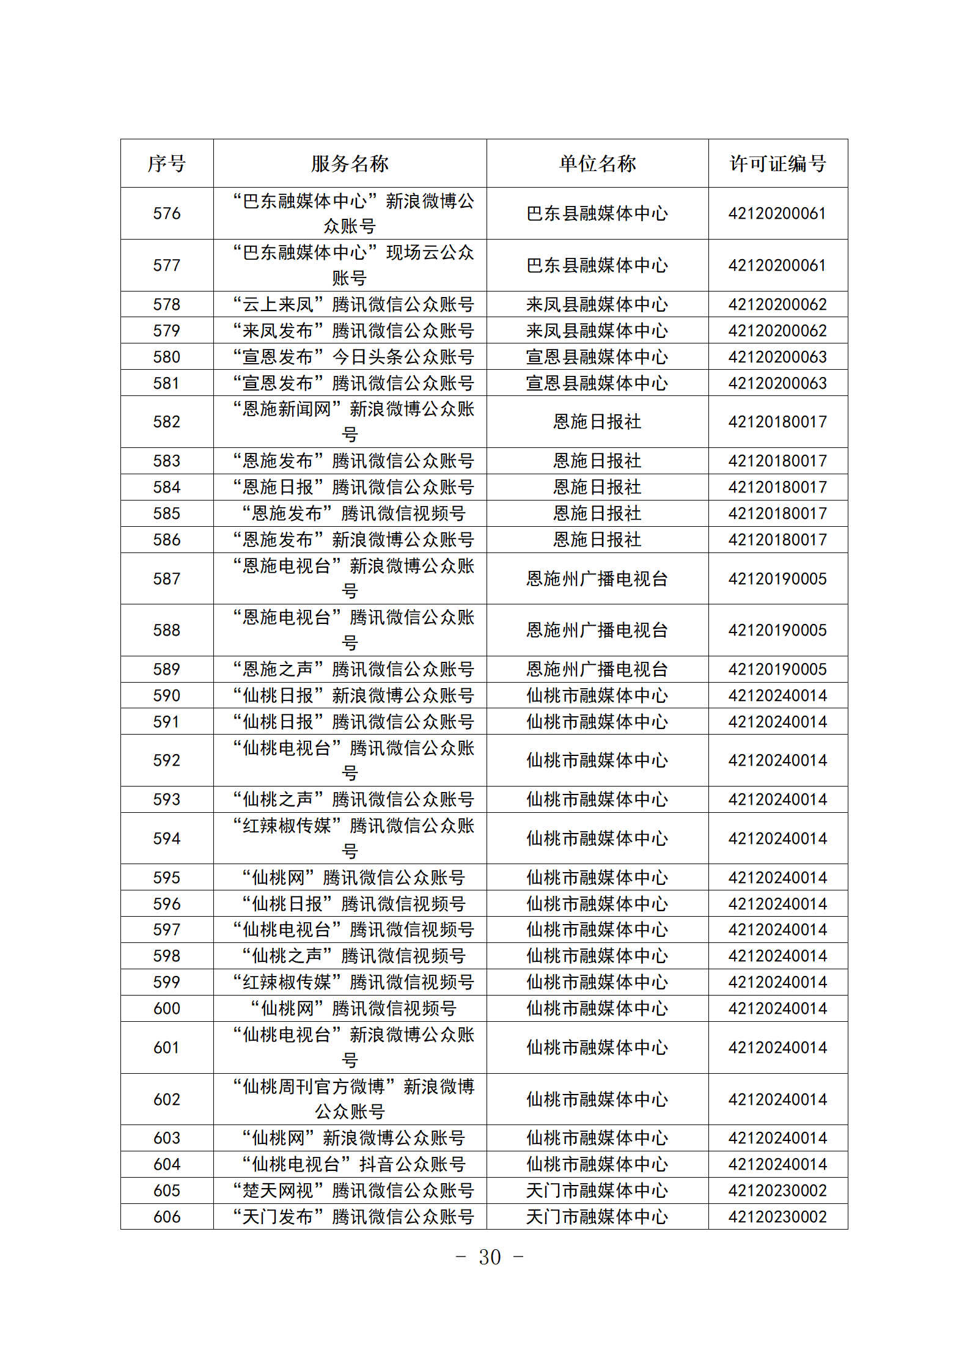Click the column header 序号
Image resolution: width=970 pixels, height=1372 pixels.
pyautogui.click(x=166, y=163)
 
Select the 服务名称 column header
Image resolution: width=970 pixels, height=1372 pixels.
pyautogui.click(x=350, y=163)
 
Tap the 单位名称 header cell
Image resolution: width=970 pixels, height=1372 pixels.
pyautogui.click(x=597, y=163)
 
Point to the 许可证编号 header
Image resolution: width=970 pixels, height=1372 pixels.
pyautogui.click(x=777, y=163)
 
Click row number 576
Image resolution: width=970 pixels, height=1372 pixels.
pyautogui.click(x=166, y=213)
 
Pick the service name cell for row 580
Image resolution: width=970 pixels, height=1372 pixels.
pyautogui.click(x=353, y=357)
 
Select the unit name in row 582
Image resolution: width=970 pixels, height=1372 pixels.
pyautogui.click(x=597, y=422)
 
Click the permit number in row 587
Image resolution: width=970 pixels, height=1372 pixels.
pyautogui.click(x=777, y=579)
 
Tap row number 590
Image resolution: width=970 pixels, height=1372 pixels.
pyautogui.click(x=166, y=695)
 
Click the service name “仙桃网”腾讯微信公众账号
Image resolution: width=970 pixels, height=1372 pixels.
pyautogui.click(x=353, y=878)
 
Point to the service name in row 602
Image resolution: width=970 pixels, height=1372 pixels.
pyautogui.click(x=353, y=1099)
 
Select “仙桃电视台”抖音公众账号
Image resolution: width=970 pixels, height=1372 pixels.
pyautogui.click(x=353, y=1164)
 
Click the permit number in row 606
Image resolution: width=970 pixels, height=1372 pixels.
pyautogui.click(x=777, y=1217)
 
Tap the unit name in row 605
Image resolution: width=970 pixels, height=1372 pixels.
pyautogui.click(x=597, y=1190)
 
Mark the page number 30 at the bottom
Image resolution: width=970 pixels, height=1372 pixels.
pyautogui.click(x=490, y=1257)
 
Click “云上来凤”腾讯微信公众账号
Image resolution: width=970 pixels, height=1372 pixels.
pyautogui.click(x=353, y=304)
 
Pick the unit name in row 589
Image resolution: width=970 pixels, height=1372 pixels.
pyautogui.click(x=597, y=669)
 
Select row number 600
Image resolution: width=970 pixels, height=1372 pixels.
pyautogui.click(x=166, y=1008)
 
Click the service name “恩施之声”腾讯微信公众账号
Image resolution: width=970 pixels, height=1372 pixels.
pyautogui.click(x=353, y=669)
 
